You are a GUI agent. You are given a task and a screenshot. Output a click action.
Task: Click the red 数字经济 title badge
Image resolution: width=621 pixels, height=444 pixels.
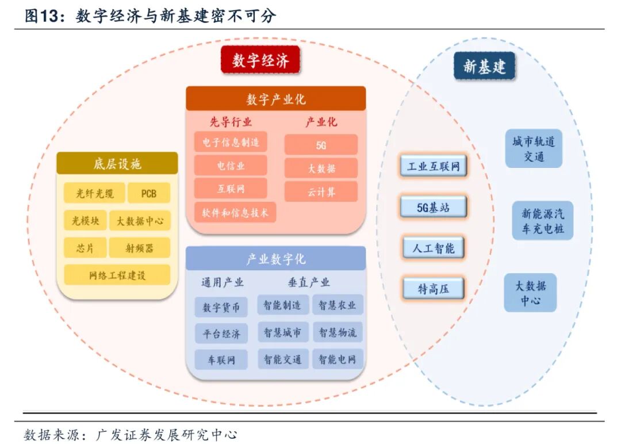point(260,60)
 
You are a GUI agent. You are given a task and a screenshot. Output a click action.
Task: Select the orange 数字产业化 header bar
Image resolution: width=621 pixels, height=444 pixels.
point(276,99)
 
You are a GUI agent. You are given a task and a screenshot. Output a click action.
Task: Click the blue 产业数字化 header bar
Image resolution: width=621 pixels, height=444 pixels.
point(276,259)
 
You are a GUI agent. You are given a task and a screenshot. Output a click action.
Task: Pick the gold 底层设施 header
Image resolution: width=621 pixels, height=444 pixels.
point(117,164)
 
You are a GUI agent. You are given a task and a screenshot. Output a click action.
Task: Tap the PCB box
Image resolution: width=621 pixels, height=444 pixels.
point(148,193)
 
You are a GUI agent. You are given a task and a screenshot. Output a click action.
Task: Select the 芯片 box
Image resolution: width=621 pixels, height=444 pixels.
point(85,248)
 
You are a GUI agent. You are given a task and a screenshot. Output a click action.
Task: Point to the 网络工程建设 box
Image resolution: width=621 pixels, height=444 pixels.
point(117,275)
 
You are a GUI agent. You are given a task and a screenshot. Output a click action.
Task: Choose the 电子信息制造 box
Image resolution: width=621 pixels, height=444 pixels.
point(231,142)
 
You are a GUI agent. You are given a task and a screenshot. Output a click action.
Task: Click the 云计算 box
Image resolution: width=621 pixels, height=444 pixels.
point(321,192)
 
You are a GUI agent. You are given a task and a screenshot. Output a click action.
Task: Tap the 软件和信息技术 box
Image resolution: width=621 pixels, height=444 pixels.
point(235,212)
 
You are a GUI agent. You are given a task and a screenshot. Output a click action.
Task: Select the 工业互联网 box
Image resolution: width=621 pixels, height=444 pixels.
point(434,167)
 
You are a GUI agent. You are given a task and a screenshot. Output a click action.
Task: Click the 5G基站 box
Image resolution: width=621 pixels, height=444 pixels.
point(434,208)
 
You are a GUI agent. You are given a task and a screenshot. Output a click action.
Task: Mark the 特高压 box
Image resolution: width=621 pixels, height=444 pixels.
point(434,289)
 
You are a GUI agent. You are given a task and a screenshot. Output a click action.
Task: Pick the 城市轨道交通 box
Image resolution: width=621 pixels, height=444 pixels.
point(534,149)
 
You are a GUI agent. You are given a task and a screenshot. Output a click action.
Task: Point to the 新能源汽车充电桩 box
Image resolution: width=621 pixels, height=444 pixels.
point(543,221)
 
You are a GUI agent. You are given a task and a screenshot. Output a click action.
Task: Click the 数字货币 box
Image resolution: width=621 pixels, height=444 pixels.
point(221,307)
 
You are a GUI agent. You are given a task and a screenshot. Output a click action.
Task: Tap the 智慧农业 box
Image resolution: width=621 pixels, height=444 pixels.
point(338,305)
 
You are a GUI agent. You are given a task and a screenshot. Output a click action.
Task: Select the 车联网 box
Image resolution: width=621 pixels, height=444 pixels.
point(221,359)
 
